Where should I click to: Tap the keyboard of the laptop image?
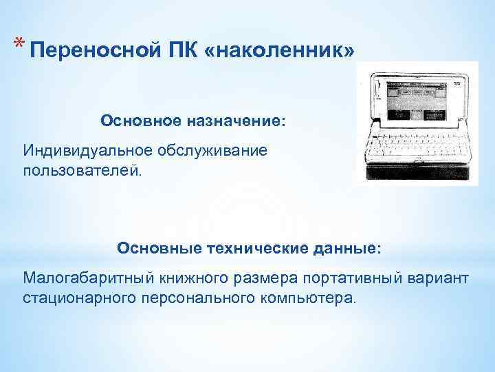coord(415,146)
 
